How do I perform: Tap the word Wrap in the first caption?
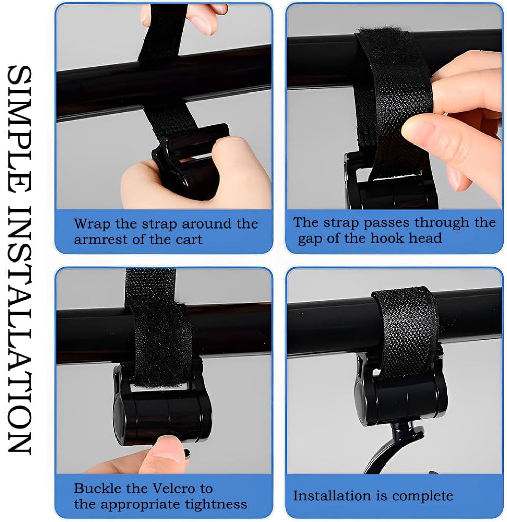tap(92, 224)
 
